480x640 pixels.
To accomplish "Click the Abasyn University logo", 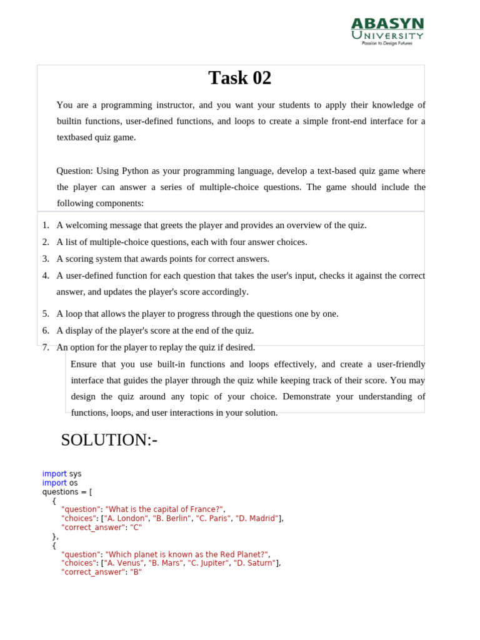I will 387,31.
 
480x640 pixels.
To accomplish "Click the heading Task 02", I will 240,78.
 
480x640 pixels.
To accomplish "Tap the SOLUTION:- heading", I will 109,440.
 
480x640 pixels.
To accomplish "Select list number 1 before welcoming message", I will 46,225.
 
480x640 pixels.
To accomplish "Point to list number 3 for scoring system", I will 46,259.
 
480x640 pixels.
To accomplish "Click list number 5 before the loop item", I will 46,314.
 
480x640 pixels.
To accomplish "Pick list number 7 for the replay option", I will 46,347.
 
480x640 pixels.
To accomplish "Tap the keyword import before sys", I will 54,474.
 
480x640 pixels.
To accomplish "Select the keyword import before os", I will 54,483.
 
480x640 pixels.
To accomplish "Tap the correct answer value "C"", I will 136,527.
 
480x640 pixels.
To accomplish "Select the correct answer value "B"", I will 136,572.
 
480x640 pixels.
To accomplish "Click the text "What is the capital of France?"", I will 164,509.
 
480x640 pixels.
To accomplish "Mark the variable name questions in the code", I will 61,492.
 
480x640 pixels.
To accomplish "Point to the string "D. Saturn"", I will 254,563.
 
